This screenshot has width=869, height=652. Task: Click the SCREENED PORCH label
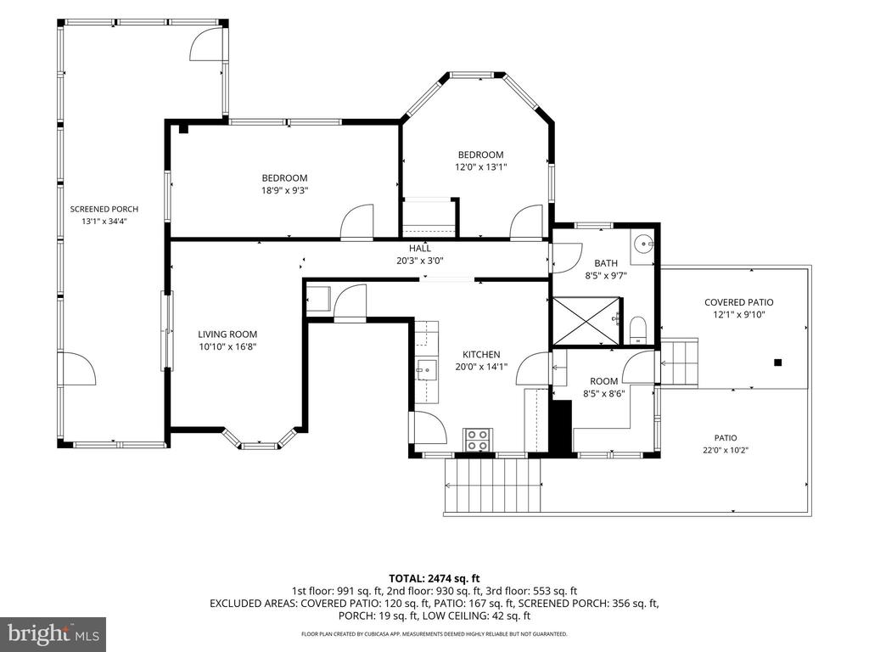104,209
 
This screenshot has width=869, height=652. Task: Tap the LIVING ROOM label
227,334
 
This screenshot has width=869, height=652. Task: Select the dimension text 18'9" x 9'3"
285,190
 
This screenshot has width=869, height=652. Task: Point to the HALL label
420,249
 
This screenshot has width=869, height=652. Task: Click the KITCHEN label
482,354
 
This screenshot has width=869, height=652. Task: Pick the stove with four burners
478,440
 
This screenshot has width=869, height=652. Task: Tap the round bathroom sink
643,243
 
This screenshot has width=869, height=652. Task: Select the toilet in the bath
638,330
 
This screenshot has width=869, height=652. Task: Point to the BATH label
606,263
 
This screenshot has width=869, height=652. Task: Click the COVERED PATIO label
739,302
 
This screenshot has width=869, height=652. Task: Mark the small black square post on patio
777,363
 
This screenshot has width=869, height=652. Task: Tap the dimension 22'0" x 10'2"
726,450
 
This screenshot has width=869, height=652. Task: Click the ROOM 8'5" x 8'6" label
604,387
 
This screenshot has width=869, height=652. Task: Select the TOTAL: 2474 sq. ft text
434,579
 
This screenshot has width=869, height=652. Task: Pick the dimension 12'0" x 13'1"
481,167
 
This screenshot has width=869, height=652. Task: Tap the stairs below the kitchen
492,486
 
